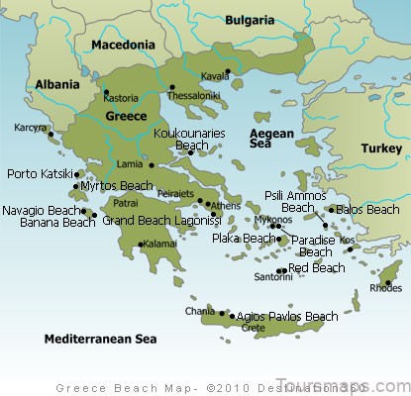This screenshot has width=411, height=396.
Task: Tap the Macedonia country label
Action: (122, 45)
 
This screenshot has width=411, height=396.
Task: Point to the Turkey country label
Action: (380, 148)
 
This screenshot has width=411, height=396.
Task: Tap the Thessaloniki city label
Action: (191, 97)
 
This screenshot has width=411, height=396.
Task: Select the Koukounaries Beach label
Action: (189, 138)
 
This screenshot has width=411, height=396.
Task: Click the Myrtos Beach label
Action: (117, 186)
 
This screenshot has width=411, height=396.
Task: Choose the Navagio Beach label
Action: (41, 211)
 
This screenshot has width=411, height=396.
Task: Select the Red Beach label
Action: (317, 267)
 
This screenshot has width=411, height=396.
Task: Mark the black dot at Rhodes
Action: (388, 283)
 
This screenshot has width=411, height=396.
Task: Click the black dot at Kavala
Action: (227, 71)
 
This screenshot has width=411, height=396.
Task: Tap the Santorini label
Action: (273, 277)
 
